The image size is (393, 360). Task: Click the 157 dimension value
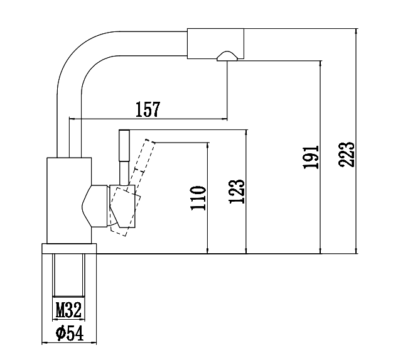pos(148,109)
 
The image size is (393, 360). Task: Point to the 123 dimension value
pos(235,191)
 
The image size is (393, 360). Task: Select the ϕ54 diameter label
pos(69,334)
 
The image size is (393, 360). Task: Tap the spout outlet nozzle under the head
pos(226,57)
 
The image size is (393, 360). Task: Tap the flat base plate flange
pos(70,249)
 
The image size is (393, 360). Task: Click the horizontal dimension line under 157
pos(148,118)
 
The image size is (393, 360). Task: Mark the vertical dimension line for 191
pos(321,157)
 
